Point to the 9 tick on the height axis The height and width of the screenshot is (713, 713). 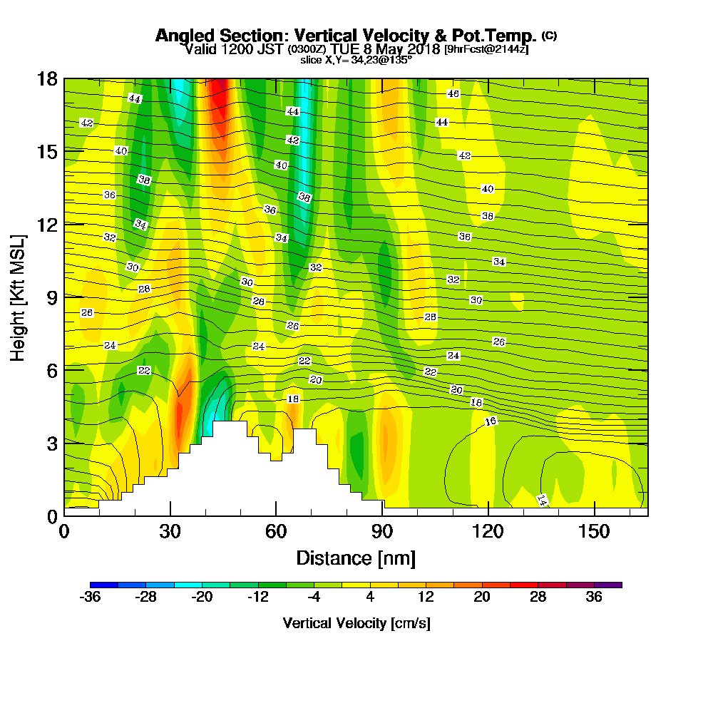[x=51, y=297]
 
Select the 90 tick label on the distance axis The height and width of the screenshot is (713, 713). [x=382, y=532]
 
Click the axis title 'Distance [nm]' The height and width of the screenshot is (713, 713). [x=356, y=558]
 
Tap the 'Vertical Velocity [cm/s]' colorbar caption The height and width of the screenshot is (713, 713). [x=356, y=623]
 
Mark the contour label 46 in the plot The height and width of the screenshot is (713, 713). [x=453, y=94]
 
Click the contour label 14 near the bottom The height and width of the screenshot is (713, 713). [x=542, y=500]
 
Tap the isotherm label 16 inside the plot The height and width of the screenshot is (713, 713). [x=491, y=421]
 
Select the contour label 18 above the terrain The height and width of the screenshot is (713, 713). [x=292, y=399]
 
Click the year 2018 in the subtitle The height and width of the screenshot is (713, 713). [x=426, y=49]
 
